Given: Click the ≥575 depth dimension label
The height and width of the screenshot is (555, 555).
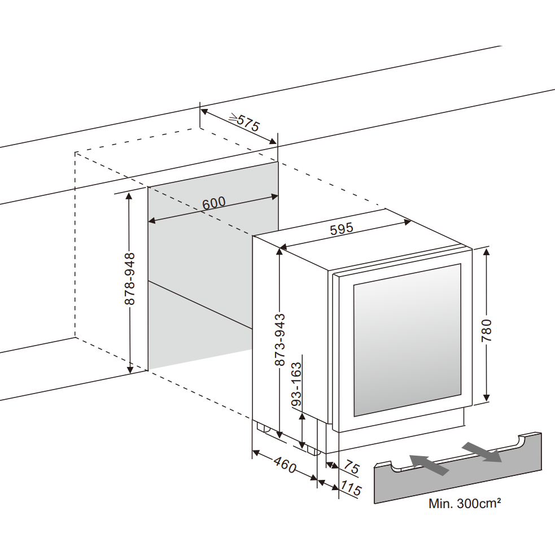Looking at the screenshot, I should [244, 123].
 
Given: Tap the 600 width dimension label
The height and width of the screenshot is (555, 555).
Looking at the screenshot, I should [214, 203].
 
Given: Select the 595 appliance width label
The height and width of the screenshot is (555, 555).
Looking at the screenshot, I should [342, 229].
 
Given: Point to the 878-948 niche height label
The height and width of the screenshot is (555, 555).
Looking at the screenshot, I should [129, 279].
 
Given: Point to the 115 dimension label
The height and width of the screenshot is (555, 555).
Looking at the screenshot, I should [350, 488].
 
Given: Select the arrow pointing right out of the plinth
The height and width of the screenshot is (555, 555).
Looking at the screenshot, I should [482, 452].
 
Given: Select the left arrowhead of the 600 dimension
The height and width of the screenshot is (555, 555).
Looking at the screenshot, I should [151, 221].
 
